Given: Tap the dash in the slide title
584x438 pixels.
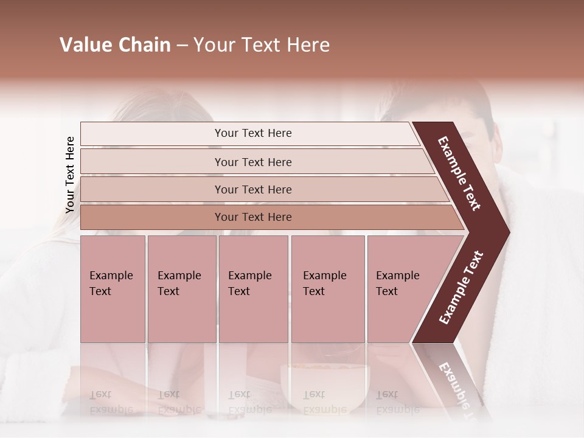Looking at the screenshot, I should click(182, 46).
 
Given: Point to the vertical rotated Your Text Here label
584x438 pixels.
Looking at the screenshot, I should click(70, 175).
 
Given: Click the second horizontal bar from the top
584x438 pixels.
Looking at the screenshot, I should click(252, 162).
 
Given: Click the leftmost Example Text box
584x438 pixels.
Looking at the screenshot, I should click(113, 289).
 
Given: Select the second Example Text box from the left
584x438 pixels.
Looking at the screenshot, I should click(181, 289).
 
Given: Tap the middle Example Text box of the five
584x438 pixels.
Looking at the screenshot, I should click(253, 289).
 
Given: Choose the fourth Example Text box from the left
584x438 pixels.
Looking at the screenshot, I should click(327, 289).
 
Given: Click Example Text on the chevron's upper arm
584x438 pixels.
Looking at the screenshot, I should click(459, 173).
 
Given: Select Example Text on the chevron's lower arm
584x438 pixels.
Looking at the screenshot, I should click(461, 288).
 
